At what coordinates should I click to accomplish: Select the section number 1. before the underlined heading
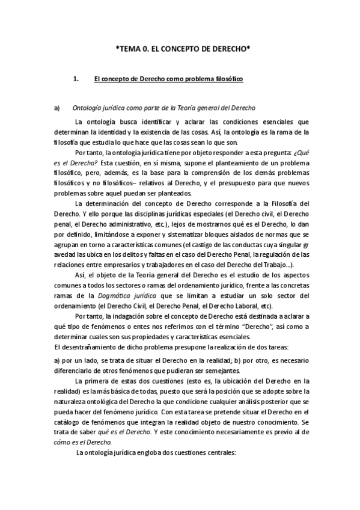pyautogui.click(x=76, y=79)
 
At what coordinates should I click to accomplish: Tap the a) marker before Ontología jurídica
pyautogui.click(x=57, y=108)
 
